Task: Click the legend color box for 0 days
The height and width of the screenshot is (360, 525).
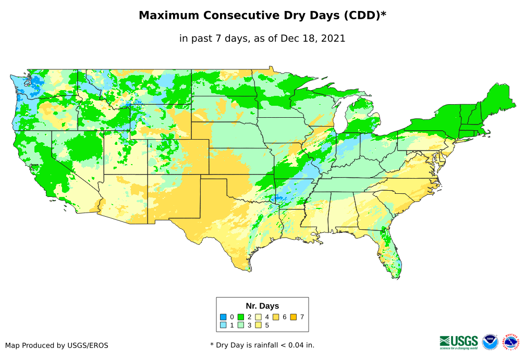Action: click(223, 317)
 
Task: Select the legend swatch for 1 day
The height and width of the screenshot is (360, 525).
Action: click(223, 325)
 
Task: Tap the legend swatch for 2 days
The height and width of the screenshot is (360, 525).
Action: click(241, 317)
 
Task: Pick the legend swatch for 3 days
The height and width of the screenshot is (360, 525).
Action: click(241, 325)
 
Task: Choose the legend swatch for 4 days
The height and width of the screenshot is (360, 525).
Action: click(258, 317)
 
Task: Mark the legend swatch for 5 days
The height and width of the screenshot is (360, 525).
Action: click(258, 325)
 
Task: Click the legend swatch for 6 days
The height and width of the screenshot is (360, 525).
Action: click(276, 317)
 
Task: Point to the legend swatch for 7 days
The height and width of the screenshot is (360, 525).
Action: click(294, 317)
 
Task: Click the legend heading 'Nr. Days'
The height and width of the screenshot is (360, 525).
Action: click(262, 306)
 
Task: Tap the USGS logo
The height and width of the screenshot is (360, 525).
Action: click(459, 341)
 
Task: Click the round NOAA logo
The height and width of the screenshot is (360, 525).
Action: click(490, 342)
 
